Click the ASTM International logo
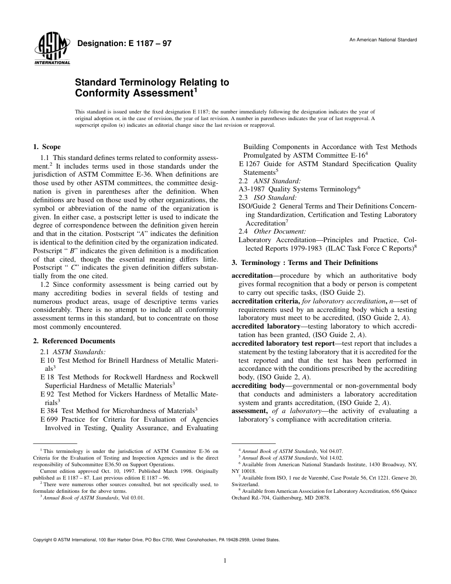tap(52, 50)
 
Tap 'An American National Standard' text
tap(383, 40)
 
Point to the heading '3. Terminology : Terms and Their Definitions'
tap(304, 263)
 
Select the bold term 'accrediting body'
tap(257, 386)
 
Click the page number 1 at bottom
tap(225, 561)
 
